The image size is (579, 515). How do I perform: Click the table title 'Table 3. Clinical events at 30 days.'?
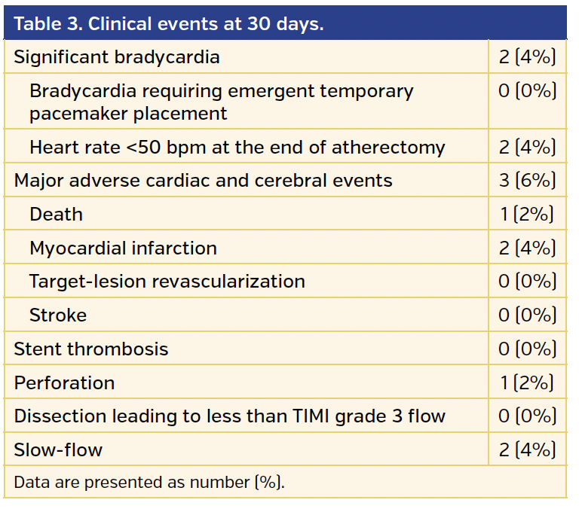point(169,23)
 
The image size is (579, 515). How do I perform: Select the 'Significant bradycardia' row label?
point(117,57)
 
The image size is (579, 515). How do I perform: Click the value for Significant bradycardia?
point(527,57)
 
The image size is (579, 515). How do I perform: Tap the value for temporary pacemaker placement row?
point(527,91)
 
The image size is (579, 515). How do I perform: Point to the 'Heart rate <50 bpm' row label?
point(237,148)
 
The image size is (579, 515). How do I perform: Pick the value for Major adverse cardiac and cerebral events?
point(527,181)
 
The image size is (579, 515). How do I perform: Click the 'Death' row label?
point(56,215)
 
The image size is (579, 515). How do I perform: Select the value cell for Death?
point(527,215)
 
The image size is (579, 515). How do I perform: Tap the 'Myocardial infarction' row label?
point(123,248)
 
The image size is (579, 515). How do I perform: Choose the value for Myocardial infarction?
point(527,248)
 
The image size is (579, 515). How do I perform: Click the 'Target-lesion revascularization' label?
point(167,282)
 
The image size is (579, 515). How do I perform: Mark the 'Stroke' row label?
point(58,315)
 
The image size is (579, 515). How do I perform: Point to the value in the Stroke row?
point(527,315)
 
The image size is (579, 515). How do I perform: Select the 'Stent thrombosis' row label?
point(90,349)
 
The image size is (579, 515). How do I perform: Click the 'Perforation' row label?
point(64,382)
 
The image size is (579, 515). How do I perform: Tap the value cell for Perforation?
point(527,382)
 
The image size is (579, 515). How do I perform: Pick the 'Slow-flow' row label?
point(58,450)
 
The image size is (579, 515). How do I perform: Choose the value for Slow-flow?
point(527,450)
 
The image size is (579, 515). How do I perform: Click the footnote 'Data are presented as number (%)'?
point(149,482)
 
